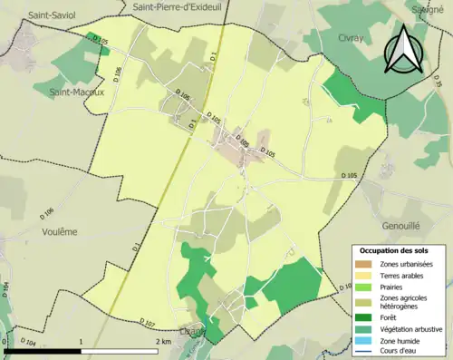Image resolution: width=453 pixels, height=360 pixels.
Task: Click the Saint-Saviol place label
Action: tap(51, 15)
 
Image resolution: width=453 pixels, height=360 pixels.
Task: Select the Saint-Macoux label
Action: tap(77, 92)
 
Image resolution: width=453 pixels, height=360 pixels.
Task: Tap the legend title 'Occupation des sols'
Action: tap(398, 249)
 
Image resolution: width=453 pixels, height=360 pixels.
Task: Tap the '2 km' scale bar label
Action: tap(165, 341)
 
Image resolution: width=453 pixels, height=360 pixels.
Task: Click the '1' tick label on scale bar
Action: tap(82, 341)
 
